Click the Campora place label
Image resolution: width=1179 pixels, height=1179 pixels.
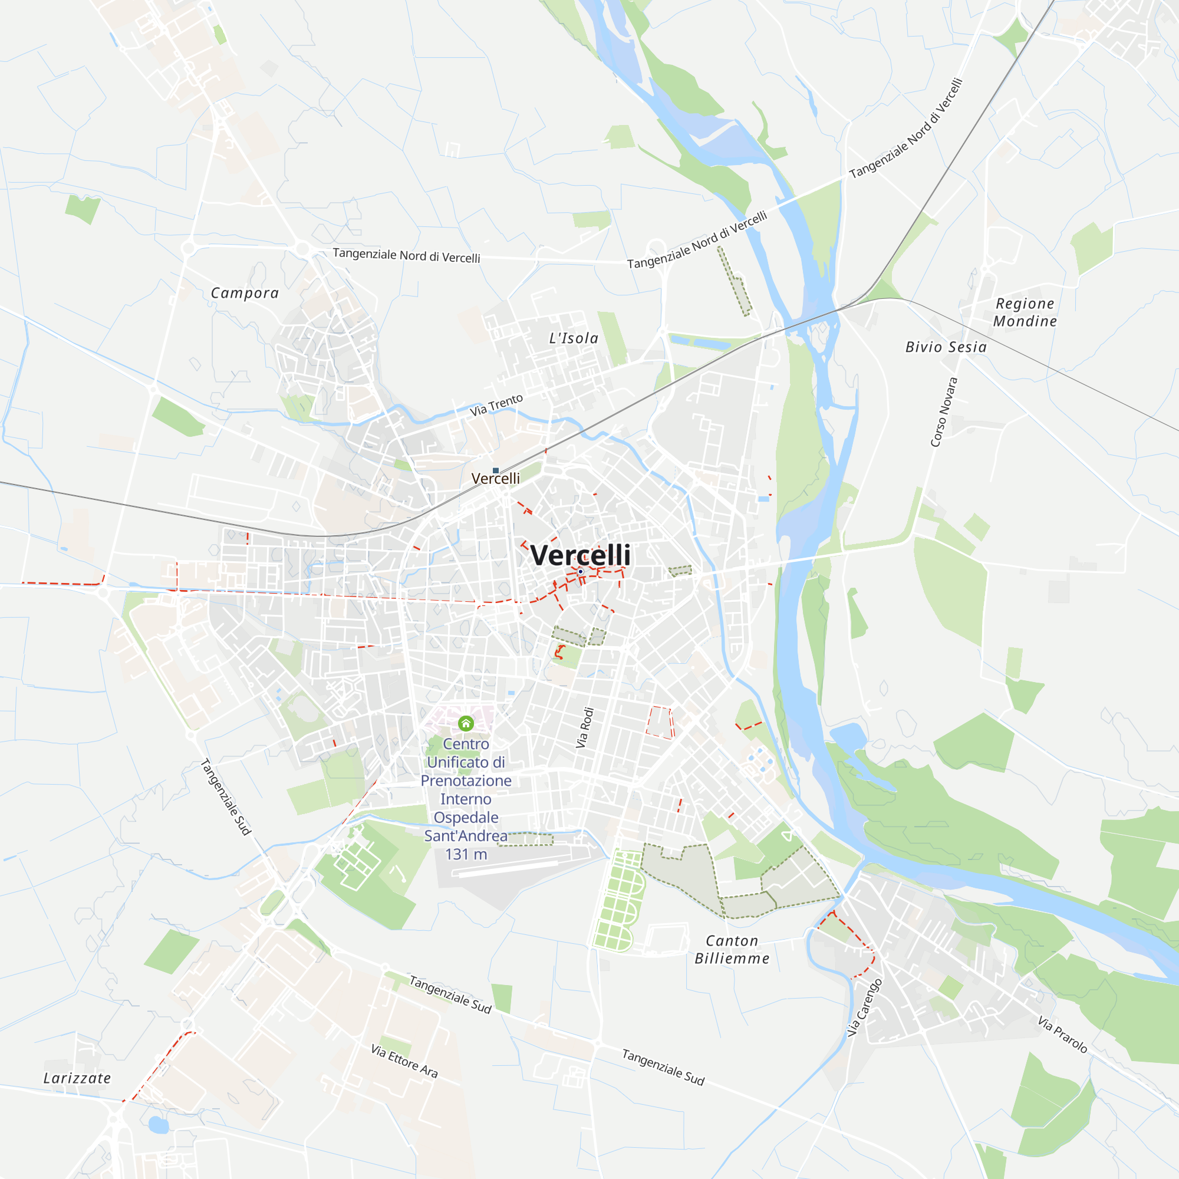point(245,293)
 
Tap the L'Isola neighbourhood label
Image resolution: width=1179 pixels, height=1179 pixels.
point(574,338)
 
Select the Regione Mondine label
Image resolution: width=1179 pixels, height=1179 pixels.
point(1025,312)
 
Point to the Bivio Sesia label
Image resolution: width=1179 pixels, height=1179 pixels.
point(946,347)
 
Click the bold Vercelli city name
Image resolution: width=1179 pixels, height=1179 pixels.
point(580,555)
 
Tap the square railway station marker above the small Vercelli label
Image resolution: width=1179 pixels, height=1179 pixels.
point(496,470)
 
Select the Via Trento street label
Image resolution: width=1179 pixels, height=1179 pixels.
point(496,404)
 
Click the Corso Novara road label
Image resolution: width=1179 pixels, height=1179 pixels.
point(943,412)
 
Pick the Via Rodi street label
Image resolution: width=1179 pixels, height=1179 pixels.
point(585,727)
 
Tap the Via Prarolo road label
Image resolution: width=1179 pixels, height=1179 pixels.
point(1062,1035)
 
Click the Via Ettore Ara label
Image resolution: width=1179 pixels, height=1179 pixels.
point(404,1061)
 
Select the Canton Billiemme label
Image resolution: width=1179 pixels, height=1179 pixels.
point(732,950)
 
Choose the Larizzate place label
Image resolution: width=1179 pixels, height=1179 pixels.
point(77,1078)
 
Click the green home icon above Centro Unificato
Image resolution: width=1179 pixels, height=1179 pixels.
point(466,724)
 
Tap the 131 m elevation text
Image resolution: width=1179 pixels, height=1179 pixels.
point(466,854)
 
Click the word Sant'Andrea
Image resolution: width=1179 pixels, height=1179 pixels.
point(466,836)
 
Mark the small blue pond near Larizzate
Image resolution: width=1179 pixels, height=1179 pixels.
point(159,1125)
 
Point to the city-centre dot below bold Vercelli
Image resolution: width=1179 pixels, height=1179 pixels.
point(580,572)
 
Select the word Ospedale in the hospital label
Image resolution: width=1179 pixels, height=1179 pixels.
point(466,818)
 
